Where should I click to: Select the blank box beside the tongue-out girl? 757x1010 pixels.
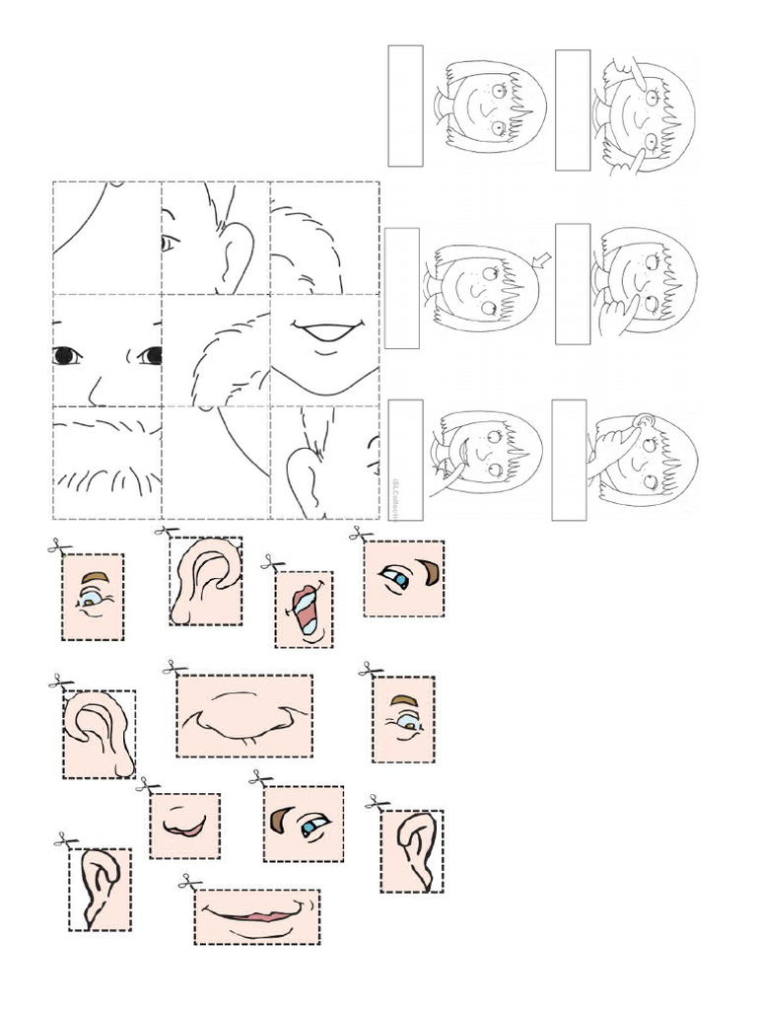[405, 459]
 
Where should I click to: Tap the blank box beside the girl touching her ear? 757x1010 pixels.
[569, 459]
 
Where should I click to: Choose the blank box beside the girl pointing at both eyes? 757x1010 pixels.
[573, 109]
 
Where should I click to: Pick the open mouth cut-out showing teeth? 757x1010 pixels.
[305, 611]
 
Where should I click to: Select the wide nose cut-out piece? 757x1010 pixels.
[244, 715]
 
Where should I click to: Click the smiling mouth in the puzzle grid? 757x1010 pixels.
[325, 333]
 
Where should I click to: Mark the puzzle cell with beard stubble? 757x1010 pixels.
[107, 462]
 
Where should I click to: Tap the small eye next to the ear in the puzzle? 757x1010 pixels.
[169, 242]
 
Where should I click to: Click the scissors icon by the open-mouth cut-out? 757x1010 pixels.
[271, 563]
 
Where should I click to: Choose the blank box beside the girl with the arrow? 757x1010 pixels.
[402, 288]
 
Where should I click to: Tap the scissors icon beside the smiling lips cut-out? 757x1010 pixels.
[189, 884]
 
